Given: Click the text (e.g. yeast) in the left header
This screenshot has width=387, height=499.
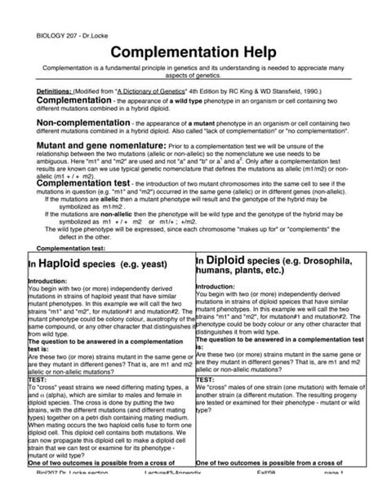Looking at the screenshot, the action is (138, 266).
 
